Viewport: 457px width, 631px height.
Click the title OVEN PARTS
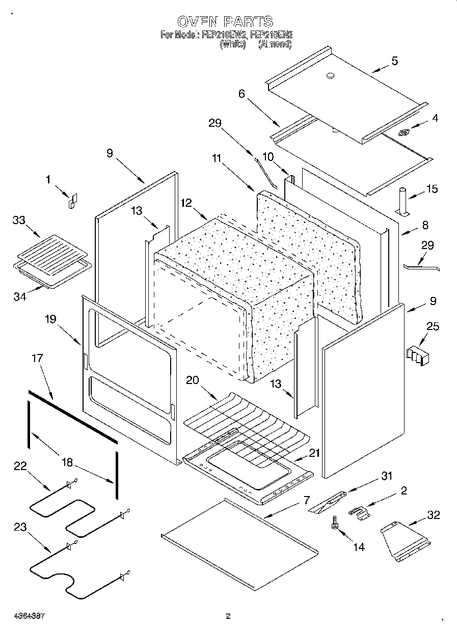click(x=225, y=22)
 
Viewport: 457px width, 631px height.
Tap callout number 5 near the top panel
click(x=394, y=61)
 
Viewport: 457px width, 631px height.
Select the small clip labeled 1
click(x=72, y=201)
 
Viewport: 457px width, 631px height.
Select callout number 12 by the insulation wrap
click(x=186, y=203)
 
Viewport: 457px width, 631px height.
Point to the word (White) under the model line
click(x=233, y=44)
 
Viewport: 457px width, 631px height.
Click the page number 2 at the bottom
click(x=228, y=616)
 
